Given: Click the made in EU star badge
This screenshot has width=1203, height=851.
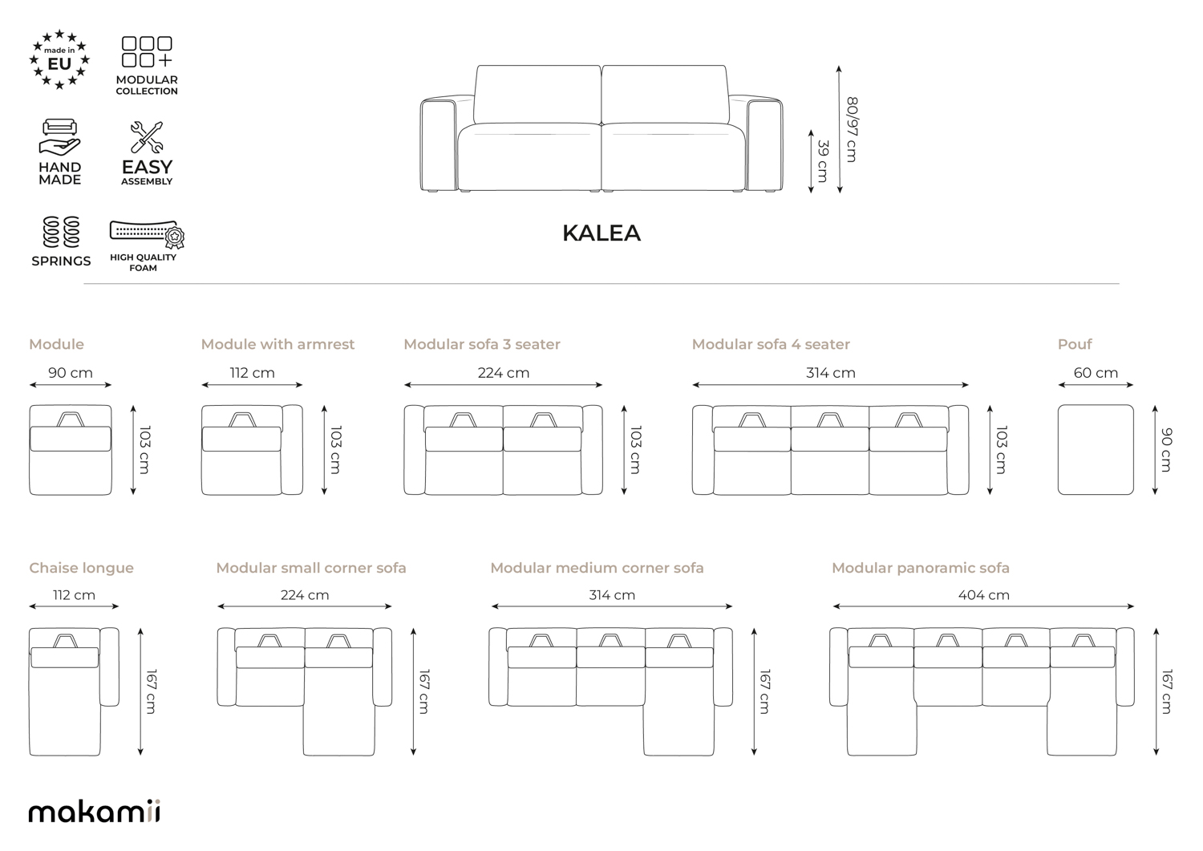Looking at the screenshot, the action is tap(59, 59).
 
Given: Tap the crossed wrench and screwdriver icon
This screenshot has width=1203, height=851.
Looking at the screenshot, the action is tap(147, 137).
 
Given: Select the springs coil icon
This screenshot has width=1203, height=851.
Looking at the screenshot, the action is tap(61, 232).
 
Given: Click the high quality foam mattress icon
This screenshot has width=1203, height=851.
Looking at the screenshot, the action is tap(147, 233).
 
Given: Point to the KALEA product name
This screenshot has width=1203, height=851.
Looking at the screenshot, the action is tap(601, 233).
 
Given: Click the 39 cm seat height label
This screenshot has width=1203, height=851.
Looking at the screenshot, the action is tap(822, 161).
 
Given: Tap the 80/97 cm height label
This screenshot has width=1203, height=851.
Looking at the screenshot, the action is tap(852, 129).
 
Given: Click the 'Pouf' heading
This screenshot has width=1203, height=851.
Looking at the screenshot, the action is tap(1075, 344).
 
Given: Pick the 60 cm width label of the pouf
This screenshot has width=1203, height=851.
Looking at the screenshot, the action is tap(1096, 373).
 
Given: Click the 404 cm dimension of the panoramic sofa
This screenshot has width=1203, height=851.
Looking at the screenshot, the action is tap(984, 595).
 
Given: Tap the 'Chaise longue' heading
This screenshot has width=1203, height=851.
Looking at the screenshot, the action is tap(81, 568).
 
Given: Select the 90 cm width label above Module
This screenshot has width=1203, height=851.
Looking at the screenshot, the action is tap(71, 373).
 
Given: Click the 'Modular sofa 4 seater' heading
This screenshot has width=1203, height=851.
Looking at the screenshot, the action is tap(771, 344).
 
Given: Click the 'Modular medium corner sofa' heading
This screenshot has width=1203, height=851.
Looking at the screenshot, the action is tap(597, 568).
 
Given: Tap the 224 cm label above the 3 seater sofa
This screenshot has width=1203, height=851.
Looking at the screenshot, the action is tap(503, 373).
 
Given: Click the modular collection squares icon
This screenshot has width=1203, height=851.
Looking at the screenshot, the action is tap(147, 51).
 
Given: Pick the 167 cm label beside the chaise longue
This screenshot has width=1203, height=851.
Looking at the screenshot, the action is tap(151, 691).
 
